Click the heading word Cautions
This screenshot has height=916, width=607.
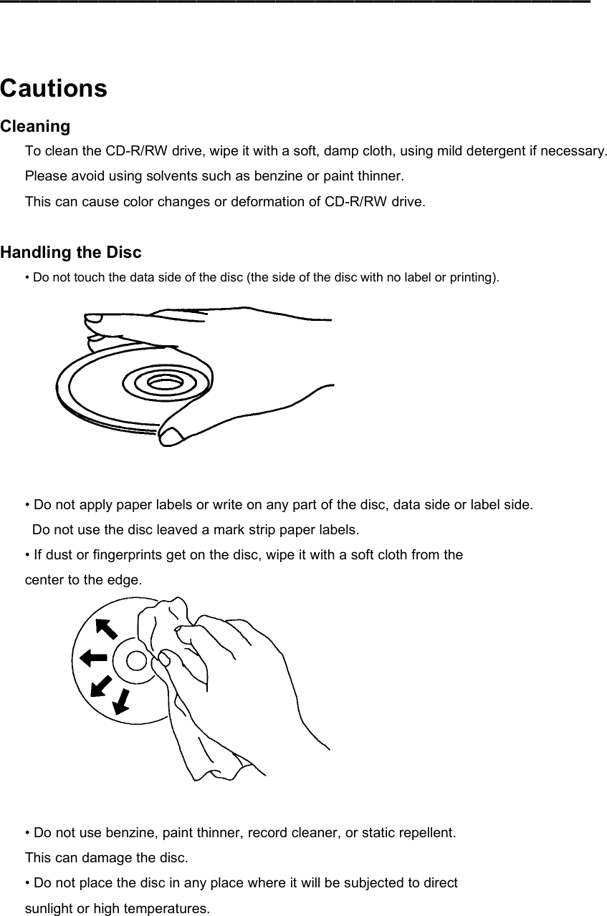pyautogui.click(x=54, y=89)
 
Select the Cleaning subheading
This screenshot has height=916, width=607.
pyautogui.click(x=35, y=127)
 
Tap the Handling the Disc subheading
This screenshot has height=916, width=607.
pyautogui.click(x=71, y=252)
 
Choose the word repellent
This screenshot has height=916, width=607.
pyautogui.click(x=426, y=833)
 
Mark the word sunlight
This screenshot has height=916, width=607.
pyautogui.click(x=50, y=909)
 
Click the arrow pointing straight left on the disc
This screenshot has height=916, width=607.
pyautogui.click(x=93, y=657)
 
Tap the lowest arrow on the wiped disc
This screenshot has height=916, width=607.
pyautogui.click(x=122, y=702)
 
